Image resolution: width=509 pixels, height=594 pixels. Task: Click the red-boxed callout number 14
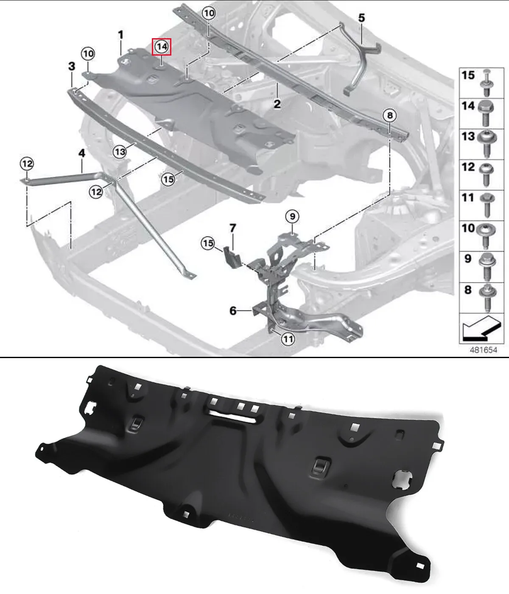point(162,47)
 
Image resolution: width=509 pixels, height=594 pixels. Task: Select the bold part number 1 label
point(121,35)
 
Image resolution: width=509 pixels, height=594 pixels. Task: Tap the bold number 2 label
point(277,104)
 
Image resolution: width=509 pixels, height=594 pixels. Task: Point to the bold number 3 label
point(72,66)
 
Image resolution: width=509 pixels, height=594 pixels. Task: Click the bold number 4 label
point(82,153)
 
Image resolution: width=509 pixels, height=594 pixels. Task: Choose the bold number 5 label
point(362,18)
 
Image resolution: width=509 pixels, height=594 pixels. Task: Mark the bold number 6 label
point(233,311)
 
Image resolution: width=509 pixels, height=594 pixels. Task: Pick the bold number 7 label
point(233,228)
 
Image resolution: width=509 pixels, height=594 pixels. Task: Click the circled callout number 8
point(390,115)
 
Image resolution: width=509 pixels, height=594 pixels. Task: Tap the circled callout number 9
point(292,216)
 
